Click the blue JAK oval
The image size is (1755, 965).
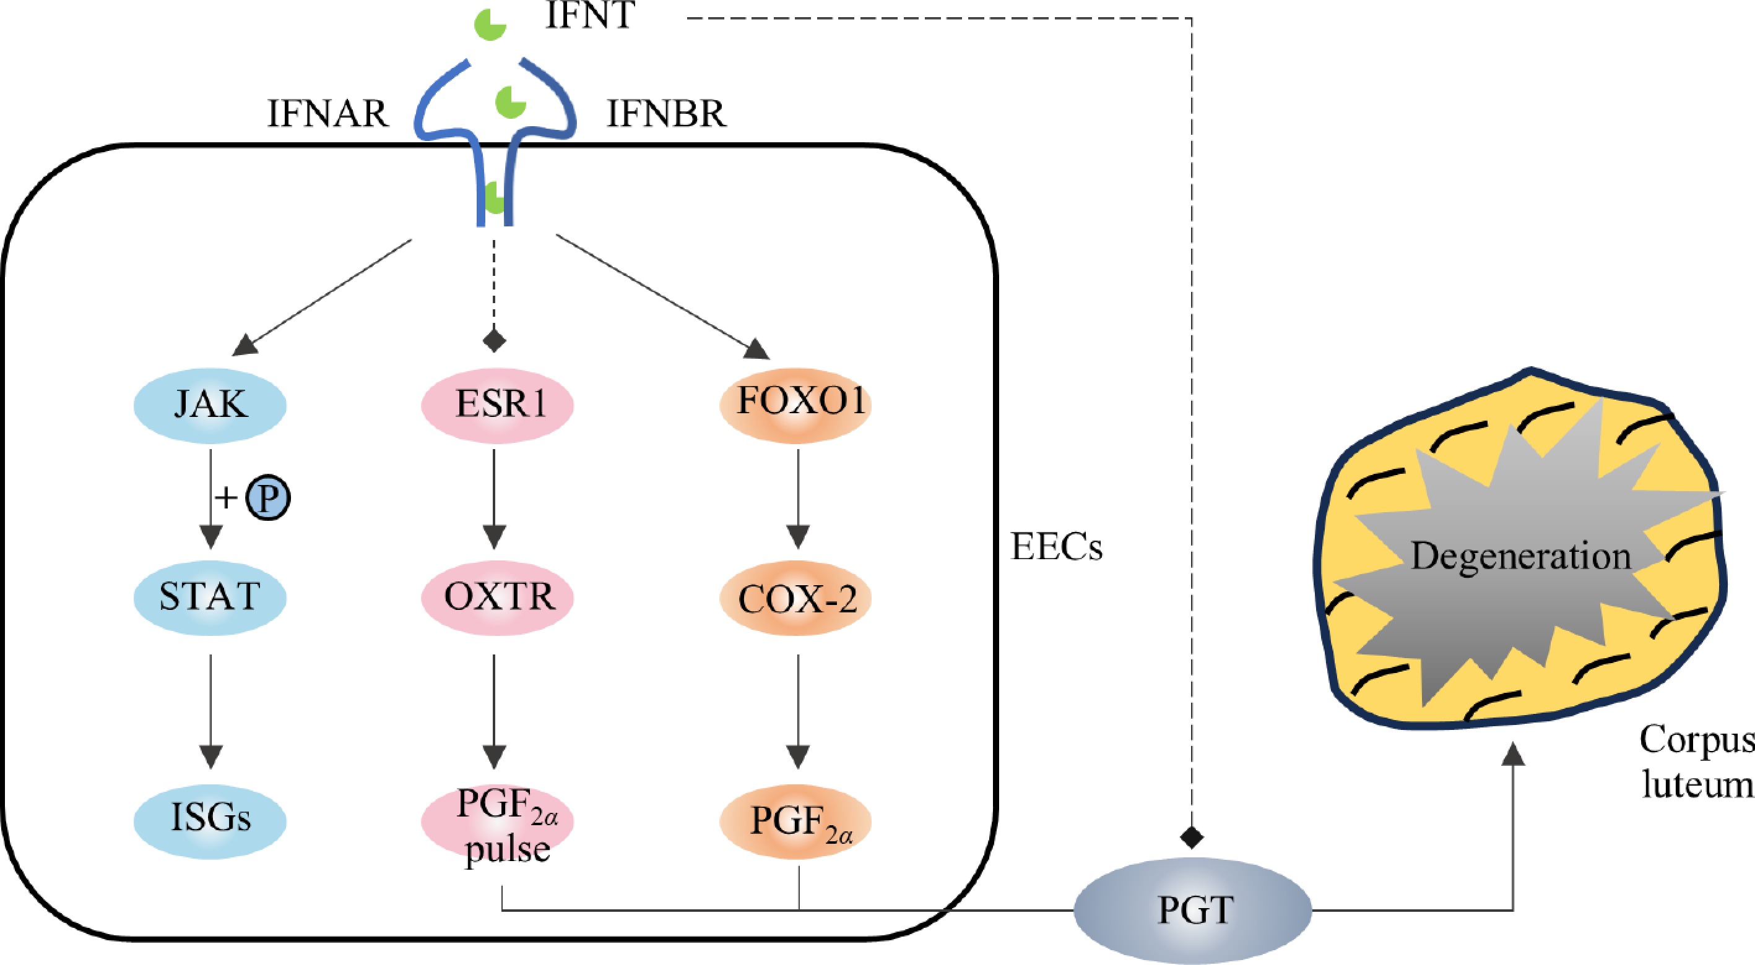coord(210,405)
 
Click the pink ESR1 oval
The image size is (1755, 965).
coord(498,405)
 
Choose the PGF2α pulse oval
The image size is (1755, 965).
coord(498,821)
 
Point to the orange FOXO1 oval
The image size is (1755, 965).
coord(795,403)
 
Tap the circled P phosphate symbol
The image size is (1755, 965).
coord(268,499)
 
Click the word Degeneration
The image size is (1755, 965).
coord(1520,555)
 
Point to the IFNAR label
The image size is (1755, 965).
coord(327,114)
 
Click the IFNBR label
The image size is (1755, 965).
coord(666,114)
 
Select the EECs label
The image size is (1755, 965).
coord(1057,547)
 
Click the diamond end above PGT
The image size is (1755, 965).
coord(1192,836)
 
